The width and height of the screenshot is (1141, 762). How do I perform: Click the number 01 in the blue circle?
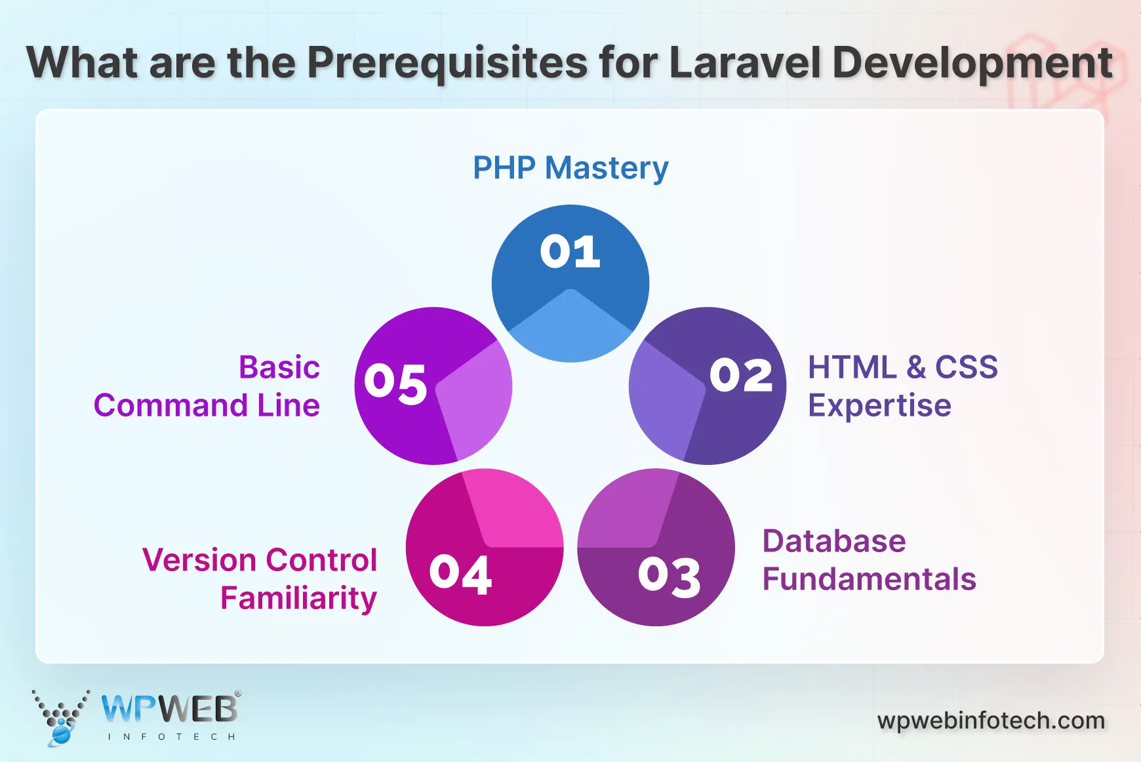tap(570, 251)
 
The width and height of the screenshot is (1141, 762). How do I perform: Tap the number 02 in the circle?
tap(741, 376)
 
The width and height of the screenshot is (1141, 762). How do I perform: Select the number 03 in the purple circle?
tap(669, 577)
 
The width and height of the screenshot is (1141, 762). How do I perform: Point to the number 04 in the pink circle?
tap(460, 574)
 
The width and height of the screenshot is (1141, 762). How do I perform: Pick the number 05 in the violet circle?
tap(395, 383)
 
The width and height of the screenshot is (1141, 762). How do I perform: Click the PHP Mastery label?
tap(570, 168)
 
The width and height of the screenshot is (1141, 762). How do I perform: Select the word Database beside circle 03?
tap(834, 542)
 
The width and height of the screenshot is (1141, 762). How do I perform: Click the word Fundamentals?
tap(869, 580)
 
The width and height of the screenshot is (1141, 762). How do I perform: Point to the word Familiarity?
tap(298, 598)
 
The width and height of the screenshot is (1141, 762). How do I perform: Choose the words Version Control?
tap(260, 561)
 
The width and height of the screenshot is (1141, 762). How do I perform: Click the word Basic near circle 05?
tap(279, 368)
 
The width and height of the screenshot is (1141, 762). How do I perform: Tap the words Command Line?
tap(207, 406)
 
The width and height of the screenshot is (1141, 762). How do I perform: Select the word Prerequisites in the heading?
tap(447, 63)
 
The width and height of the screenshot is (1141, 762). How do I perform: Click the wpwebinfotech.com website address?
tap(991, 721)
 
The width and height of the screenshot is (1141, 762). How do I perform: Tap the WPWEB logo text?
tap(169, 710)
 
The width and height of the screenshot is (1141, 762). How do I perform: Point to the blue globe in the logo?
tap(60, 734)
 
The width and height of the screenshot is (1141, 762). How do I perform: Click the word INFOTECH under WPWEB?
tap(171, 737)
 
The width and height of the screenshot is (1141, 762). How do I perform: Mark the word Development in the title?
tap(972, 63)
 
